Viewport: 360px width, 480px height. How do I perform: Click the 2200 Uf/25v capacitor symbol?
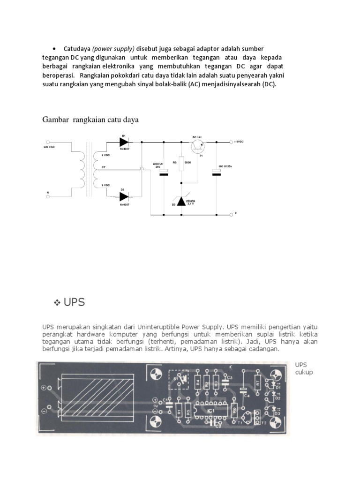tap(163, 174)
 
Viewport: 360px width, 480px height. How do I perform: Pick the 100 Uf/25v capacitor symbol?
tap(216, 174)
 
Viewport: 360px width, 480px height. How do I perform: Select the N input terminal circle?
tap(48, 197)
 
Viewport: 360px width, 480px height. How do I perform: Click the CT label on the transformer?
tap(104, 166)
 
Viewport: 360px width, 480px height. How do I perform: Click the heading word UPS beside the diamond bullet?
tap(75, 302)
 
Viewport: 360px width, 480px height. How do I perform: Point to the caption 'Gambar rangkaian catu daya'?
tap(90, 120)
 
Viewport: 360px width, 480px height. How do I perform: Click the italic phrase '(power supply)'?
tap(113, 49)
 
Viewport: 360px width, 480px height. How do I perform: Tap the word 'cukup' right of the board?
tap(304, 372)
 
